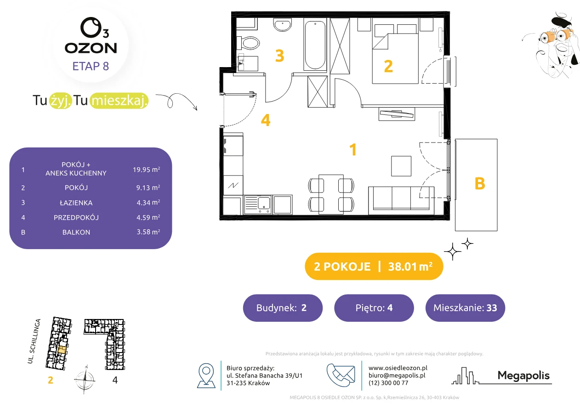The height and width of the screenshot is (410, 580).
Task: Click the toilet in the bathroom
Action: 249,43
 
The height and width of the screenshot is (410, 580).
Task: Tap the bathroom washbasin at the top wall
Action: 283,25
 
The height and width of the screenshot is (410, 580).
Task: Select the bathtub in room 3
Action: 315,45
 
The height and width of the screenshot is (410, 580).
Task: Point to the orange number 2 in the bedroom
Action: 388,66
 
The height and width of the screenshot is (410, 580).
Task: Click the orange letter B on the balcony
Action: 479,184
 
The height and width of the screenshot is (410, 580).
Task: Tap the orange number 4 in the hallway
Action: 266,120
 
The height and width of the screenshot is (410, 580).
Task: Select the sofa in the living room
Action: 401,200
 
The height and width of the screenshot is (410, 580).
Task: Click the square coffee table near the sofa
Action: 401,166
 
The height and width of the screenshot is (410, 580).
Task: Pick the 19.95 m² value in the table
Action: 146,170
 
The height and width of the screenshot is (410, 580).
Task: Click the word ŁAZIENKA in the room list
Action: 76,203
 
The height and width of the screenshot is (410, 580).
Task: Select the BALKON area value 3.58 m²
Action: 148,232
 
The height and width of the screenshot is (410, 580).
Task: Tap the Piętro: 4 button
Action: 374,307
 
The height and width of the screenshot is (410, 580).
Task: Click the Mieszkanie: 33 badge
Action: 465,307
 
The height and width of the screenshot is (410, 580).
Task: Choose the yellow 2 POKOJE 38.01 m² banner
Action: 374,266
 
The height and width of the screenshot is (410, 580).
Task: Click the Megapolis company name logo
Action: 523,376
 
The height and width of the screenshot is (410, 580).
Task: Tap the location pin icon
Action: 206,375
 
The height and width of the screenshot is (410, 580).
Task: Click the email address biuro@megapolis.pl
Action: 397,375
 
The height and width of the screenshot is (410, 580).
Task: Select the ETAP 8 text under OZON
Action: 91,66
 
